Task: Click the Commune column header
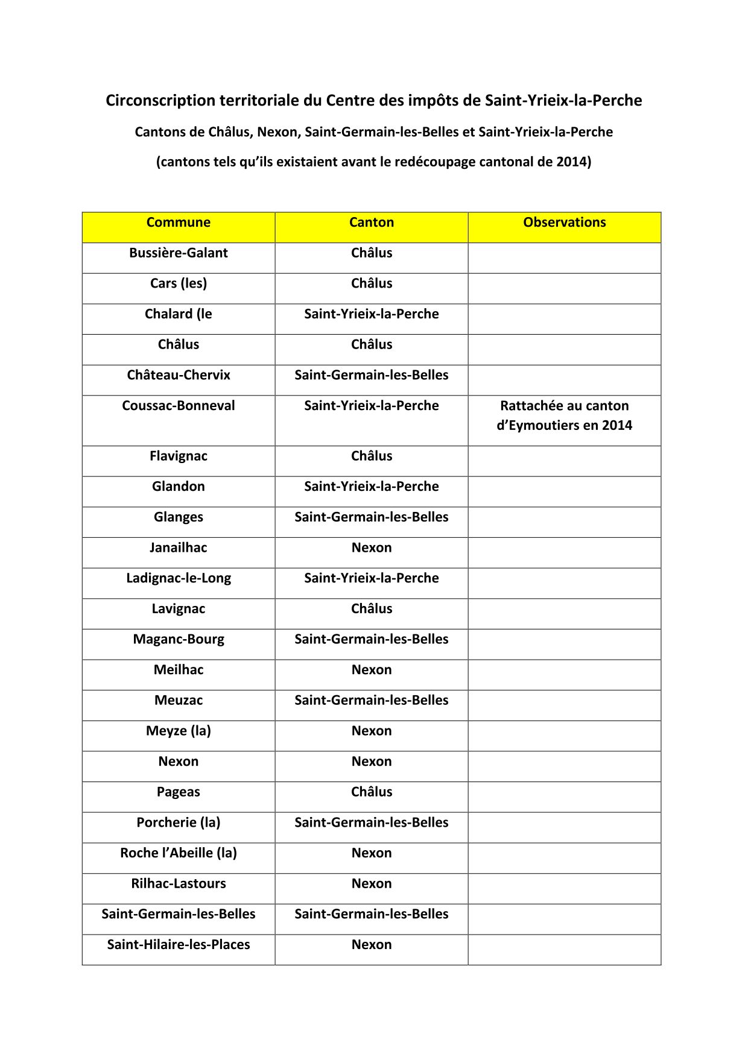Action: [x=178, y=222]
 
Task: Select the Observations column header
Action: [x=564, y=222]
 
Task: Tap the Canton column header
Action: [x=372, y=222]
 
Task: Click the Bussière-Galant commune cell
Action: [x=178, y=253]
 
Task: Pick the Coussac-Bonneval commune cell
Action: [x=178, y=406]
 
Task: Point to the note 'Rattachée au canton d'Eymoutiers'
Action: [x=564, y=415]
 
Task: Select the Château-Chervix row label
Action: [x=178, y=375]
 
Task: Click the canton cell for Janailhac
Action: [x=372, y=548]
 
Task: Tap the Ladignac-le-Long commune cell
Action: [x=178, y=578]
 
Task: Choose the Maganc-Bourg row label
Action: [x=178, y=639]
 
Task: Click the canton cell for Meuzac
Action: [x=372, y=701]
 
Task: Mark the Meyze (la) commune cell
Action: [x=178, y=731]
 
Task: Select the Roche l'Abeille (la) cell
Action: [x=178, y=853]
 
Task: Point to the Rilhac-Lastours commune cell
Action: [x=178, y=884]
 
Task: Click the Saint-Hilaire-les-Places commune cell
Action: [x=178, y=945]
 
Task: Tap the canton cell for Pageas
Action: [x=372, y=792]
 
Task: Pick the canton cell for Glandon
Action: [x=372, y=487]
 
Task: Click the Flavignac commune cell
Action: [x=178, y=456]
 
